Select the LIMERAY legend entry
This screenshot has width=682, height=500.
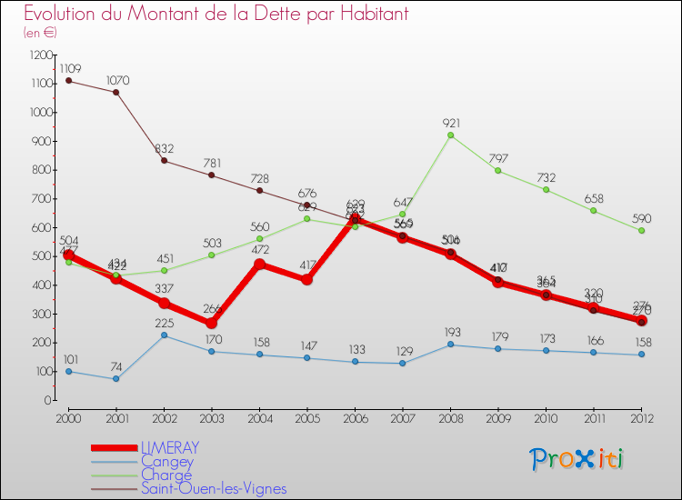click(x=169, y=447)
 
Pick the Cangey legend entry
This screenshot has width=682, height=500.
click(x=166, y=461)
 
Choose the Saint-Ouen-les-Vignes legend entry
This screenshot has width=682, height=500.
click(x=213, y=488)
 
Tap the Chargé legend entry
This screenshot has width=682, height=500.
click(x=166, y=475)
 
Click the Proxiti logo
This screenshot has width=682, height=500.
click(x=578, y=458)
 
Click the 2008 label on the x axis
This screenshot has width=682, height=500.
click(x=450, y=417)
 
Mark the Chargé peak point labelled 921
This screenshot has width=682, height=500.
click(x=450, y=135)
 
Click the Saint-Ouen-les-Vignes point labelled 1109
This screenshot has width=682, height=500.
click(x=68, y=81)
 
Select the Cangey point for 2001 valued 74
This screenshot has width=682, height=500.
click(x=115, y=379)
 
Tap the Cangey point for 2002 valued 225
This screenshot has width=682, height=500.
click(x=164, y=335)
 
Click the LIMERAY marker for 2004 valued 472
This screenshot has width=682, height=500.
click(x=259, y=265)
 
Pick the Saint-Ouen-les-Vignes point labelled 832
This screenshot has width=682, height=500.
click(x=164, y=161)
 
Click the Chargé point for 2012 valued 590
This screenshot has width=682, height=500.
click(x=641, y=230)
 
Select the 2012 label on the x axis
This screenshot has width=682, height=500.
click(x=641, y=417)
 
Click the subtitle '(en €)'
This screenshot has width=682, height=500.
click(x=40, y=33)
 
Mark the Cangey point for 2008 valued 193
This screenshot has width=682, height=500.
click(x=450, y=345)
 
